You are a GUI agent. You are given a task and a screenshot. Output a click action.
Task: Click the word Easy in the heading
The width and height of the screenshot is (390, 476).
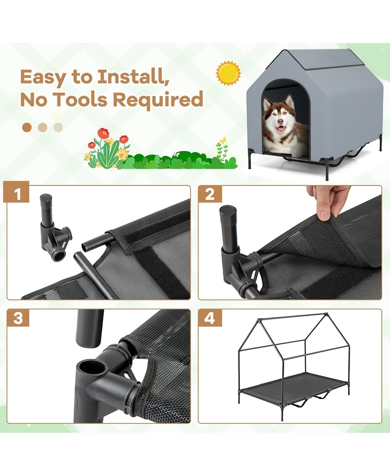(42, 77)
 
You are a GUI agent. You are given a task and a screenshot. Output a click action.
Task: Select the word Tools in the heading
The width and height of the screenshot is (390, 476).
(80, 99)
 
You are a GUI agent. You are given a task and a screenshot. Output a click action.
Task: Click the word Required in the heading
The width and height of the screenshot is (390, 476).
(158, 100)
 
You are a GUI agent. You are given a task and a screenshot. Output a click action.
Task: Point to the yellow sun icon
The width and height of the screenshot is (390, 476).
(228, 73)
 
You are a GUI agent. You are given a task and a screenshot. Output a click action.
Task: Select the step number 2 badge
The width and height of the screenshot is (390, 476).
(210, 194)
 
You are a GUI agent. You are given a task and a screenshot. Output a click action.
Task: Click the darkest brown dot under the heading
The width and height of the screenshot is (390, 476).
(27, 127)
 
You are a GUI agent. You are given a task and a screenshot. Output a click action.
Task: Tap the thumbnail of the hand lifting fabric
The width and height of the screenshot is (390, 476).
(290, 243)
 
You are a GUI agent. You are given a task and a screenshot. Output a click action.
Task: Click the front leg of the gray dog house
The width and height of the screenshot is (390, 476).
(327, 170)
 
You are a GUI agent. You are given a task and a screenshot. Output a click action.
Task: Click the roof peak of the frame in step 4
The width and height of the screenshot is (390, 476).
(325, 314)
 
